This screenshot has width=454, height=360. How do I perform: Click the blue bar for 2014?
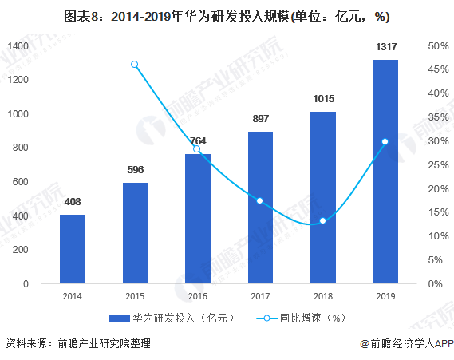pos(72,249)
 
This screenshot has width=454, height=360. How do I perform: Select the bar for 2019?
pos(385,172)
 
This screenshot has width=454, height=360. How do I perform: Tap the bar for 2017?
pos(260,208)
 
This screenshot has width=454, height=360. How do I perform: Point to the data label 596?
pos(135,169)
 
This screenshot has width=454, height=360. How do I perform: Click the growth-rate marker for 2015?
pos(135,65)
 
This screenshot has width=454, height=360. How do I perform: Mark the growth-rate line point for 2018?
pos(323,220)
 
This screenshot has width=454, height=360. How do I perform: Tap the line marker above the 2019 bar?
pos(385,142)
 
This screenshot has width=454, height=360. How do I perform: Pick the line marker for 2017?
pos(260,200)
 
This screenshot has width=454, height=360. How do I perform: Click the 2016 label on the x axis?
pos(197,295)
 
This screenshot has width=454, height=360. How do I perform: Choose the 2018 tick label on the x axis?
pos(323,295)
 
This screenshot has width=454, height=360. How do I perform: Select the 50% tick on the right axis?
pos(437,45)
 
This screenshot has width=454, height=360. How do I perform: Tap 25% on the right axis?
pos(437,165)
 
